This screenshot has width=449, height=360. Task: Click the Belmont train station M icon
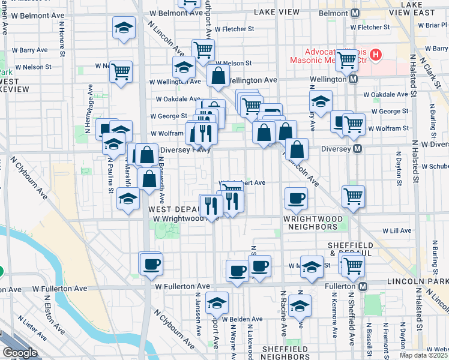pos(355,13)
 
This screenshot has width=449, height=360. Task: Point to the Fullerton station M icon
pos(363,287)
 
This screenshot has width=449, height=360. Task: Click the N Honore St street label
pos(62,39)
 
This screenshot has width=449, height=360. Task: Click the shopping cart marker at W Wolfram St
pos(354,124)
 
